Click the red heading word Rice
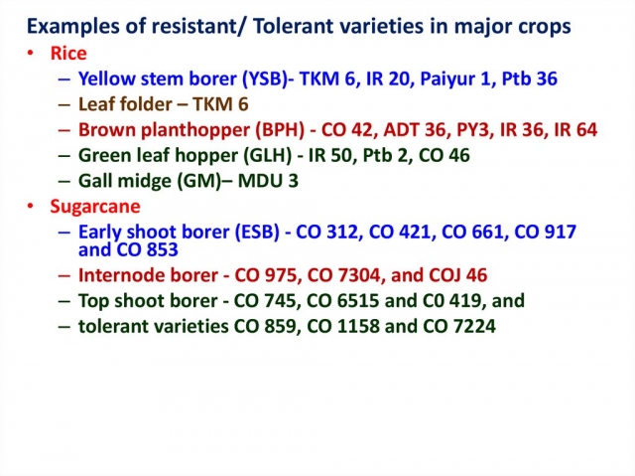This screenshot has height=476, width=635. point(68,53)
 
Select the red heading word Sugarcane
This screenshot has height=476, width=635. point(95,207)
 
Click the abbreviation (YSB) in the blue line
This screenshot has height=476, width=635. point(265,79)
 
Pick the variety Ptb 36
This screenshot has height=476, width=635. point(529,79)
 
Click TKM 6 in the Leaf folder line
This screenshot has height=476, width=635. point(220,104)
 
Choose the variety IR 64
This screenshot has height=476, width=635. point(575,130)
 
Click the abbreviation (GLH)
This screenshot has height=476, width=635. point(267,156)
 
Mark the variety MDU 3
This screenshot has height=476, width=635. point(268,181)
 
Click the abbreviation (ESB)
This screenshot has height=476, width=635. point(258,232)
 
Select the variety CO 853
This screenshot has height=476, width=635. point(148,249)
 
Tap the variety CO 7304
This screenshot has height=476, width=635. point(344,275)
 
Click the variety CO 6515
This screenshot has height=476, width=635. point(343,301)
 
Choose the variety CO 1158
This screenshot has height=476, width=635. point(343,326)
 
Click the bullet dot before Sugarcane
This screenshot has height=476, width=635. point(31,207)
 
